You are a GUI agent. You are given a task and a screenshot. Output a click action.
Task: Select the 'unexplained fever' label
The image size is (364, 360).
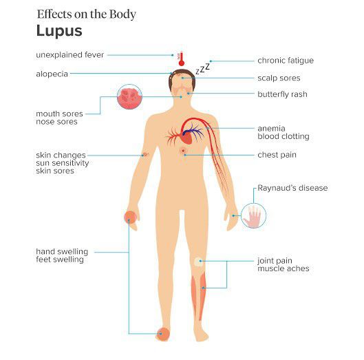69,54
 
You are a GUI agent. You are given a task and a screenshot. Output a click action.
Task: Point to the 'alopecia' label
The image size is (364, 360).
52,74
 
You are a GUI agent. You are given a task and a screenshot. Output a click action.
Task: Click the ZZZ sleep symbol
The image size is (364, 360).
202,68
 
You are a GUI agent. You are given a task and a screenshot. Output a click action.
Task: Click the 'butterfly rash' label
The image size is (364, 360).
282,94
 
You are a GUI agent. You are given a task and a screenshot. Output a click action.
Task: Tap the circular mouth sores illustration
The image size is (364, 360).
130,97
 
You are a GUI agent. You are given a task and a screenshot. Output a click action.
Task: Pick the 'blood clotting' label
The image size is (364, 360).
283,136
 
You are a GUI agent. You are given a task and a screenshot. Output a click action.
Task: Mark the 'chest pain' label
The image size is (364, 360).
277,155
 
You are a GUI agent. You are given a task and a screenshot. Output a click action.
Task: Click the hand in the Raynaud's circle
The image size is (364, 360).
254,216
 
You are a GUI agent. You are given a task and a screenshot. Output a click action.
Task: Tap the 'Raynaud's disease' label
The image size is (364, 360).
292,188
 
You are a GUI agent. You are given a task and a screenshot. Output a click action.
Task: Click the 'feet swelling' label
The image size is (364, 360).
59,260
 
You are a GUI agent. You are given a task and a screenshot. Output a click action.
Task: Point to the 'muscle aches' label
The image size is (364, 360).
283,268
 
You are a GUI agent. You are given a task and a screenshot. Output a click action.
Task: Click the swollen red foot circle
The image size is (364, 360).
162,334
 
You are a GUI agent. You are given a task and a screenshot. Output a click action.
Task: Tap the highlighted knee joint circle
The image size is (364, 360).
198,262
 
